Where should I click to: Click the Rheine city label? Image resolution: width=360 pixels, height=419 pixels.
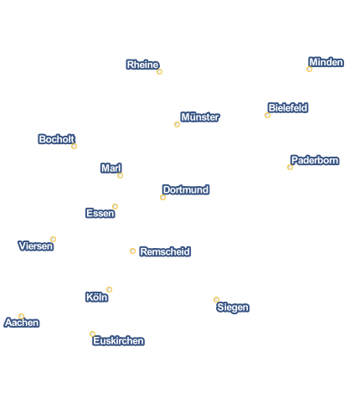[142, 65]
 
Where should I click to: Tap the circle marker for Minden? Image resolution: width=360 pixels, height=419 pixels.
[309, 69]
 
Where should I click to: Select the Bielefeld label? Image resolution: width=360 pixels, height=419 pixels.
[288, 108]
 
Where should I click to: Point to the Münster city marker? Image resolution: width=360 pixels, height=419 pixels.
[177, 124]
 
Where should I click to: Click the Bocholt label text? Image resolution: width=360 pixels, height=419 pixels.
[57, 139]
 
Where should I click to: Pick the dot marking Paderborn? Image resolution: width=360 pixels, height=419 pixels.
[290, 167]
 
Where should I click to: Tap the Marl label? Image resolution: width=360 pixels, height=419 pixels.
[111, 168]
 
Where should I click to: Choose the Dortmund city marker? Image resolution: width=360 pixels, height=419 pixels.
[162, 198]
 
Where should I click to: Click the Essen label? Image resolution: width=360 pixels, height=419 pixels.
[100, 213]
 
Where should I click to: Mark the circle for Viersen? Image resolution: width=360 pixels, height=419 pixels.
[53, 239]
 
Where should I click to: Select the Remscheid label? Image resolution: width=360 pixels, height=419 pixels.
[165, 251]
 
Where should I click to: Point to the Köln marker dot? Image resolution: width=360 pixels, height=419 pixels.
[109, 289]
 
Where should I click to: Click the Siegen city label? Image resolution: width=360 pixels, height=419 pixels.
[233, 308]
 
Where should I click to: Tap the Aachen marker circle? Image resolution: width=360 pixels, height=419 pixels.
[22, 316]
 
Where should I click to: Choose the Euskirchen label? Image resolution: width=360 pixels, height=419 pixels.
[119, 341]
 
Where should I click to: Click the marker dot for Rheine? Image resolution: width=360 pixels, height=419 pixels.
[159, 72]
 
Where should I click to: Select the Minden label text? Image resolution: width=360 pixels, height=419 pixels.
[327, 62]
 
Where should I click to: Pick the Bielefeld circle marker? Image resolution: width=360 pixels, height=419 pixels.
[267, 115]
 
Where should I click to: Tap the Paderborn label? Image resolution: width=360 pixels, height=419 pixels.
[315, 160]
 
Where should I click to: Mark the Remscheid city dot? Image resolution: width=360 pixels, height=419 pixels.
[132, 251]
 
